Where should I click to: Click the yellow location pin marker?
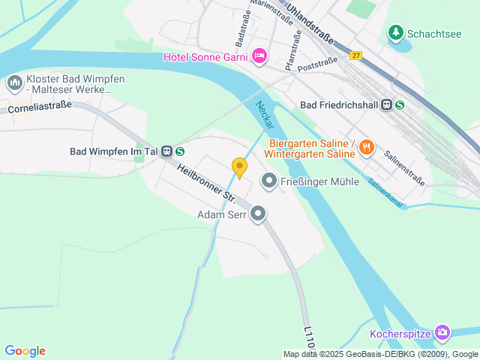click(x=239, y=166)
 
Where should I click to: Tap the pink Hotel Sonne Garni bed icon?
click(x=259, y=55)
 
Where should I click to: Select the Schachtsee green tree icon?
click(x=395, y=33)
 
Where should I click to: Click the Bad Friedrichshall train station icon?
click(x=387, y=106)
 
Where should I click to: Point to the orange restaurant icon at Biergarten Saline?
click(x=366, y=148)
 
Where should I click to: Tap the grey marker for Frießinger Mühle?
click(x=268, y=181)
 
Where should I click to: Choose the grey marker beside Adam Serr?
click(x=258, y=215)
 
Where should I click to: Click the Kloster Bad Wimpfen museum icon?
click(x=13, y=82)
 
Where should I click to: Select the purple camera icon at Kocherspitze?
click(x=442, y=332)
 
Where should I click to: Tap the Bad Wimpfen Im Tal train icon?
click(x=167, y=151)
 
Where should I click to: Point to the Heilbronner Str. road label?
click(x=206, y=184)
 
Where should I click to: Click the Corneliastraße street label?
click(x=39, y=107)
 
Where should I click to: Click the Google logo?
click(x=25, y=351)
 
